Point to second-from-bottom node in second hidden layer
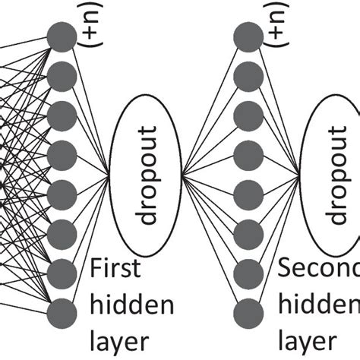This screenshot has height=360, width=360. pyautogui.click(x=247, y=270)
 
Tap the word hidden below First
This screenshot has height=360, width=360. pyautogui.click(x=132, y=305)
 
